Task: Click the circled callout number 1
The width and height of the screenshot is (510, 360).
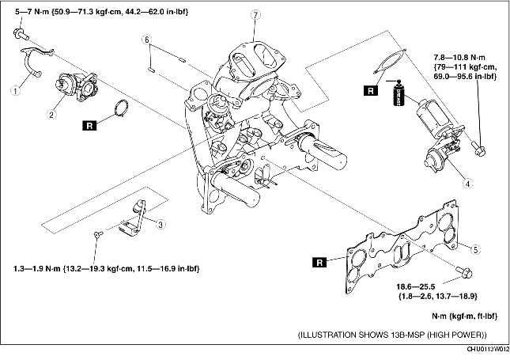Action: pyautogui.click(x=15, y=90)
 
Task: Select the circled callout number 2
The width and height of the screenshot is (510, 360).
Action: pyautogui.click(x=51, y=114)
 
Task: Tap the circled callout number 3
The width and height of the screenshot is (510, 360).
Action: pyautogui.click(x=161, y=224)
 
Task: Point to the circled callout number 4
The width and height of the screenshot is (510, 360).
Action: pyautogui.click(x=468, y=184)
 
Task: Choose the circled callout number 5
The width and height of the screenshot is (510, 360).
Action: pyautogui.click(x=475, y=250)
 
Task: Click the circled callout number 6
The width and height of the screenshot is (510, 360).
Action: pyautogui.click(x=147, y=40)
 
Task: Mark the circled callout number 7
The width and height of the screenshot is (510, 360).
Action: pyautogui.click(x=255, y=15)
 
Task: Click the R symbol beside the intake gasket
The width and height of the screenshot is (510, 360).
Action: pyautogui.click(x=319, y=263)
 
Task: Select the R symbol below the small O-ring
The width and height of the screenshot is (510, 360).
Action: pyautogui.click(x=90, y=125)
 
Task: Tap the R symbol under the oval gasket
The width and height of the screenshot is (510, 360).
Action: pyautogui.click(x=371, y=90)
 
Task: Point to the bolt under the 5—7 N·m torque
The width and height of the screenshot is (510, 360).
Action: pyautogui.click(x=21, y=34)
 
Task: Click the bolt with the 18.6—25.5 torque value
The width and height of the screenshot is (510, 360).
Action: pyautogui.click(x=464, y=272)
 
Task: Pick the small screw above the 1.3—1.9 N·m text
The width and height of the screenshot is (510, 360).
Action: pyautogui.click(x=99, y=233)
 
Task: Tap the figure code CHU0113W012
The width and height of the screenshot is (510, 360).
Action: pyautogui.click(x=488, y=349)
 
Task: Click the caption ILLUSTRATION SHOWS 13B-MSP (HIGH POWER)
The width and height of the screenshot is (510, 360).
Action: pyautogui.click(x=393, y=335)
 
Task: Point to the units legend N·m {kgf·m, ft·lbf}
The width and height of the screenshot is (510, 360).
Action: pyautogui.click(x=464, y=316)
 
